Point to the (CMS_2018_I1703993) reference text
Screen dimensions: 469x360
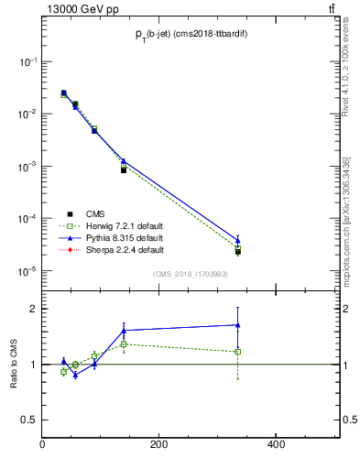pos(190,274)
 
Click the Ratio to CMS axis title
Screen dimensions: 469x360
pos(14,365)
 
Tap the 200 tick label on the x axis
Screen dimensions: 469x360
pos(158,444)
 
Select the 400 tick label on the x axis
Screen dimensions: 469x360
pos(275,444)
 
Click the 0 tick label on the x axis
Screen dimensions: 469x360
pos(43,444)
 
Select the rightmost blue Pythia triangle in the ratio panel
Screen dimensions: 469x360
pos(238,324)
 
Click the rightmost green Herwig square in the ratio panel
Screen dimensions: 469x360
pos(238,351)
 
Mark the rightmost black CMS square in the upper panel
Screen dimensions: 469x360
pos(238,252)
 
